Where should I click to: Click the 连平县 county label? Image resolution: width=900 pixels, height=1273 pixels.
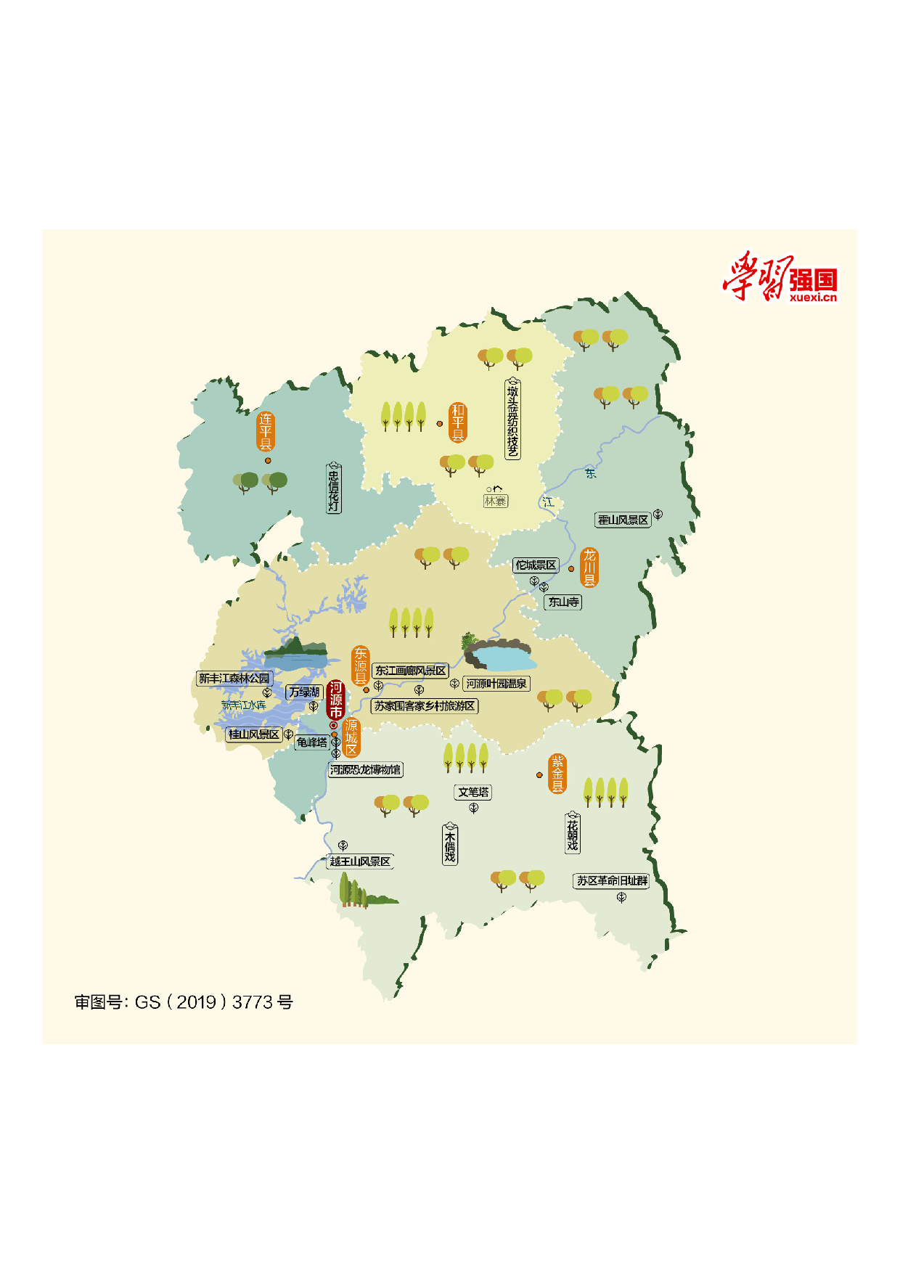tap(266, 431)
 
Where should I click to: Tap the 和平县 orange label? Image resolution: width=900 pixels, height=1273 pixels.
tap(457, 422)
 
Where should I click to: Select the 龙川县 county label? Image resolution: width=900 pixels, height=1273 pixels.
tap(589, 567)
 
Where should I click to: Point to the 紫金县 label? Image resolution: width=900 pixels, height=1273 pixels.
tap(557, 774)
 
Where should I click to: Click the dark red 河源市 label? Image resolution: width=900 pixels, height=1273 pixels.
tap(335, 699)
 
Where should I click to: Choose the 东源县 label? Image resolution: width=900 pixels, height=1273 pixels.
tap(360, 666)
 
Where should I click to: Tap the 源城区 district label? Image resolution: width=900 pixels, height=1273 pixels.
tap(351, 737)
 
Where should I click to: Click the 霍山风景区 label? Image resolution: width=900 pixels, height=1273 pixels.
tap(623, 520)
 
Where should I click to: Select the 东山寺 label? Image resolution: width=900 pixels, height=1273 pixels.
tap(563, 602)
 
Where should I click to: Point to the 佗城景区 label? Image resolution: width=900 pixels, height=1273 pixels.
tap(536, 565)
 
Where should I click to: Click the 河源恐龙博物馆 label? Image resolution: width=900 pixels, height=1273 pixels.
tap(365, 769)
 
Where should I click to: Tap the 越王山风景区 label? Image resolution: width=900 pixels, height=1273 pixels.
tap(360, 861)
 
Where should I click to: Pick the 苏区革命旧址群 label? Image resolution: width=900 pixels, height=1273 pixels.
tap(612, 880)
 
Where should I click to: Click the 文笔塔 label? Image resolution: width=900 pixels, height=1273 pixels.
tap(473, 792)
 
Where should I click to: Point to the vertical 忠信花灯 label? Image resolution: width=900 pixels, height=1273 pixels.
tap(333, 488)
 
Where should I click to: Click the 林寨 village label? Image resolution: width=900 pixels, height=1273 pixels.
tap(496, 501)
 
